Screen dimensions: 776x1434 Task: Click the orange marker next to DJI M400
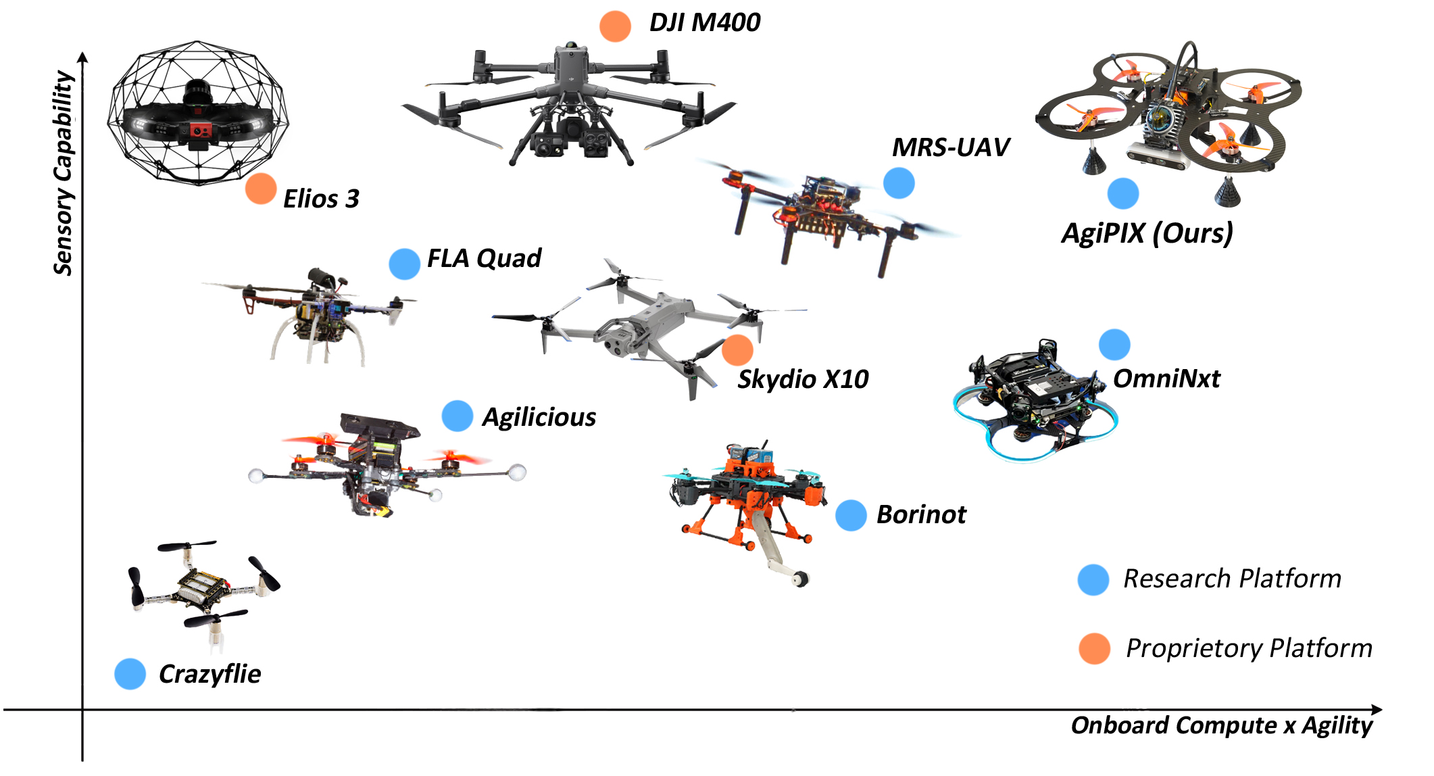click(x=615, y=26)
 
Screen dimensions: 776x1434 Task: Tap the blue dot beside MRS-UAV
click(x=899, y=183)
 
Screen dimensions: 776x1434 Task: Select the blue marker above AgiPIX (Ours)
click(x=1123, y=193)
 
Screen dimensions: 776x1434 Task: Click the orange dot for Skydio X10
click(x=737, y=349)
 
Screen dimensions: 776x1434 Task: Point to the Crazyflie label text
click(x=209, y=674)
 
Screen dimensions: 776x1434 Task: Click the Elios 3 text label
click(x=321, y=199)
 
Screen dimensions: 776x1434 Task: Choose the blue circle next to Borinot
click(x=851, y=515)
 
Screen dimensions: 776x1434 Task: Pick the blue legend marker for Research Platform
click(x=1093, y=579)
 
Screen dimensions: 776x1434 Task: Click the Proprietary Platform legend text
click(x=1249, y=648)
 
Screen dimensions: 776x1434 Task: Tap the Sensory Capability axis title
click(x=64, y=173)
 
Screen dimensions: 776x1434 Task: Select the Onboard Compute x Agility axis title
click(x=1221, y=725)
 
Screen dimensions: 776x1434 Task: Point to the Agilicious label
click(x=539, y=417)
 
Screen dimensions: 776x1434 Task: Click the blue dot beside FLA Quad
click(x=404, y=264)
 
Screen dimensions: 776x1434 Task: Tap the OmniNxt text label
click(x=1166, y=379)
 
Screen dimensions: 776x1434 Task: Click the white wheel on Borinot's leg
click(x=801, y=579)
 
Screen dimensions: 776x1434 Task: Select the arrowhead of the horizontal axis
click(x=1377, y=709)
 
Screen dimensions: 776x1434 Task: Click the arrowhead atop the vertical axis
click(x=83, y=57)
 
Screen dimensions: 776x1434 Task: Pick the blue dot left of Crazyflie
click(x=130, y=674)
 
